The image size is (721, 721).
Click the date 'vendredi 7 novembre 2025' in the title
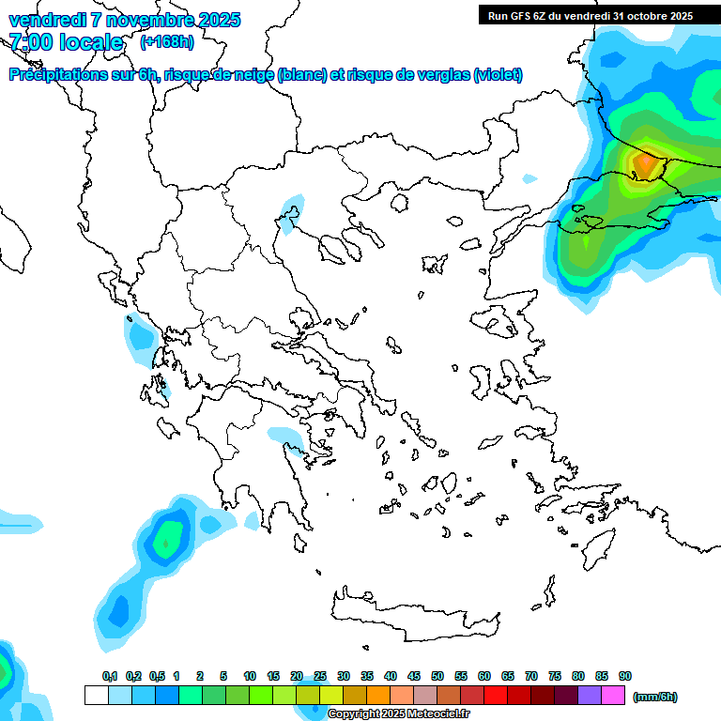[125, 20]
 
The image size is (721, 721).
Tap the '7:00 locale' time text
[66, 42]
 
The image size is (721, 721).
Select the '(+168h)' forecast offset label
[167, 42]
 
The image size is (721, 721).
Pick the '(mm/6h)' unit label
[655, 697]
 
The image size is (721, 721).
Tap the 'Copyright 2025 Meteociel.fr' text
[398, 714]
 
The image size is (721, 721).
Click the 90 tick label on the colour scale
[625, 676]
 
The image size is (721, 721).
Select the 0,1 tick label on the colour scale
[110, 676]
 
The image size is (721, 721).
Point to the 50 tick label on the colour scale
[437, 676]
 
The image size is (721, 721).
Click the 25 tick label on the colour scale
[320, 676]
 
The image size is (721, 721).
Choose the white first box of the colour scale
[96, 695]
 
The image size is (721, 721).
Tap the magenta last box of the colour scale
[613, 695]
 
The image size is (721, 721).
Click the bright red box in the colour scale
[496, 695]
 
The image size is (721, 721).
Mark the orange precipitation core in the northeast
[645, 164]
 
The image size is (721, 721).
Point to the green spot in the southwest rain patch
[167, 542]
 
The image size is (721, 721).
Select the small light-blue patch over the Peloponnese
[283, 436]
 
